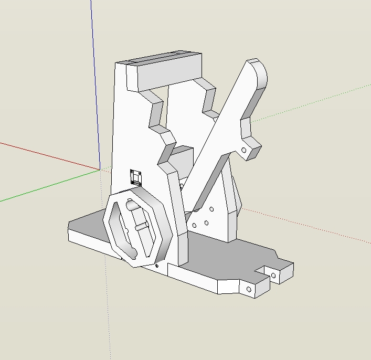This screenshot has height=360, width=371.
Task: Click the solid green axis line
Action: [x=47, y=186]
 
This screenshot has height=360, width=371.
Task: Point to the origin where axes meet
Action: [x=100, y=170]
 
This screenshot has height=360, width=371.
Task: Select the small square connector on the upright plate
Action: [x=136, y=177]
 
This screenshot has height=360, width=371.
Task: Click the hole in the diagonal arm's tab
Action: [x=244, y=150]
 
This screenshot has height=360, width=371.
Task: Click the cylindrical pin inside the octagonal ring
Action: [x=141, y=227]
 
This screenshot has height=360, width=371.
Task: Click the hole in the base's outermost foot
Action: [x=274, y=274]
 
